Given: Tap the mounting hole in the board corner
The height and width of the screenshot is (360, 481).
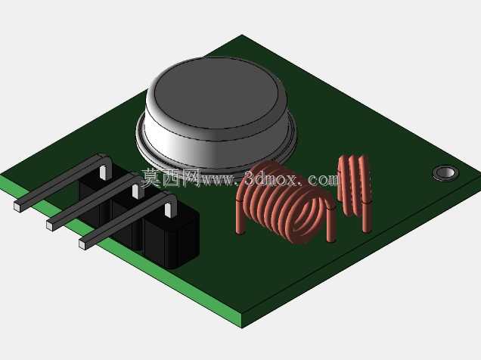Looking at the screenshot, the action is (445, 173).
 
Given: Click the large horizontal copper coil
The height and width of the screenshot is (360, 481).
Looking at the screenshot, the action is (285, 204).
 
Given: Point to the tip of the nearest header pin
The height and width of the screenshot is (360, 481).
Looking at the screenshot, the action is (82, 244).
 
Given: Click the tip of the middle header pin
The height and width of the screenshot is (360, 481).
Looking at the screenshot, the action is (50, 225).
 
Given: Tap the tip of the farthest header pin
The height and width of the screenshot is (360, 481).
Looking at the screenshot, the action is (17, 206).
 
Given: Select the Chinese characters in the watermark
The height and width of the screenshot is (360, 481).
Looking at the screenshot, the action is (171, 177).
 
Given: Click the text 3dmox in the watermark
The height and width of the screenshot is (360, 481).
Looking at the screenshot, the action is (271, 178).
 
